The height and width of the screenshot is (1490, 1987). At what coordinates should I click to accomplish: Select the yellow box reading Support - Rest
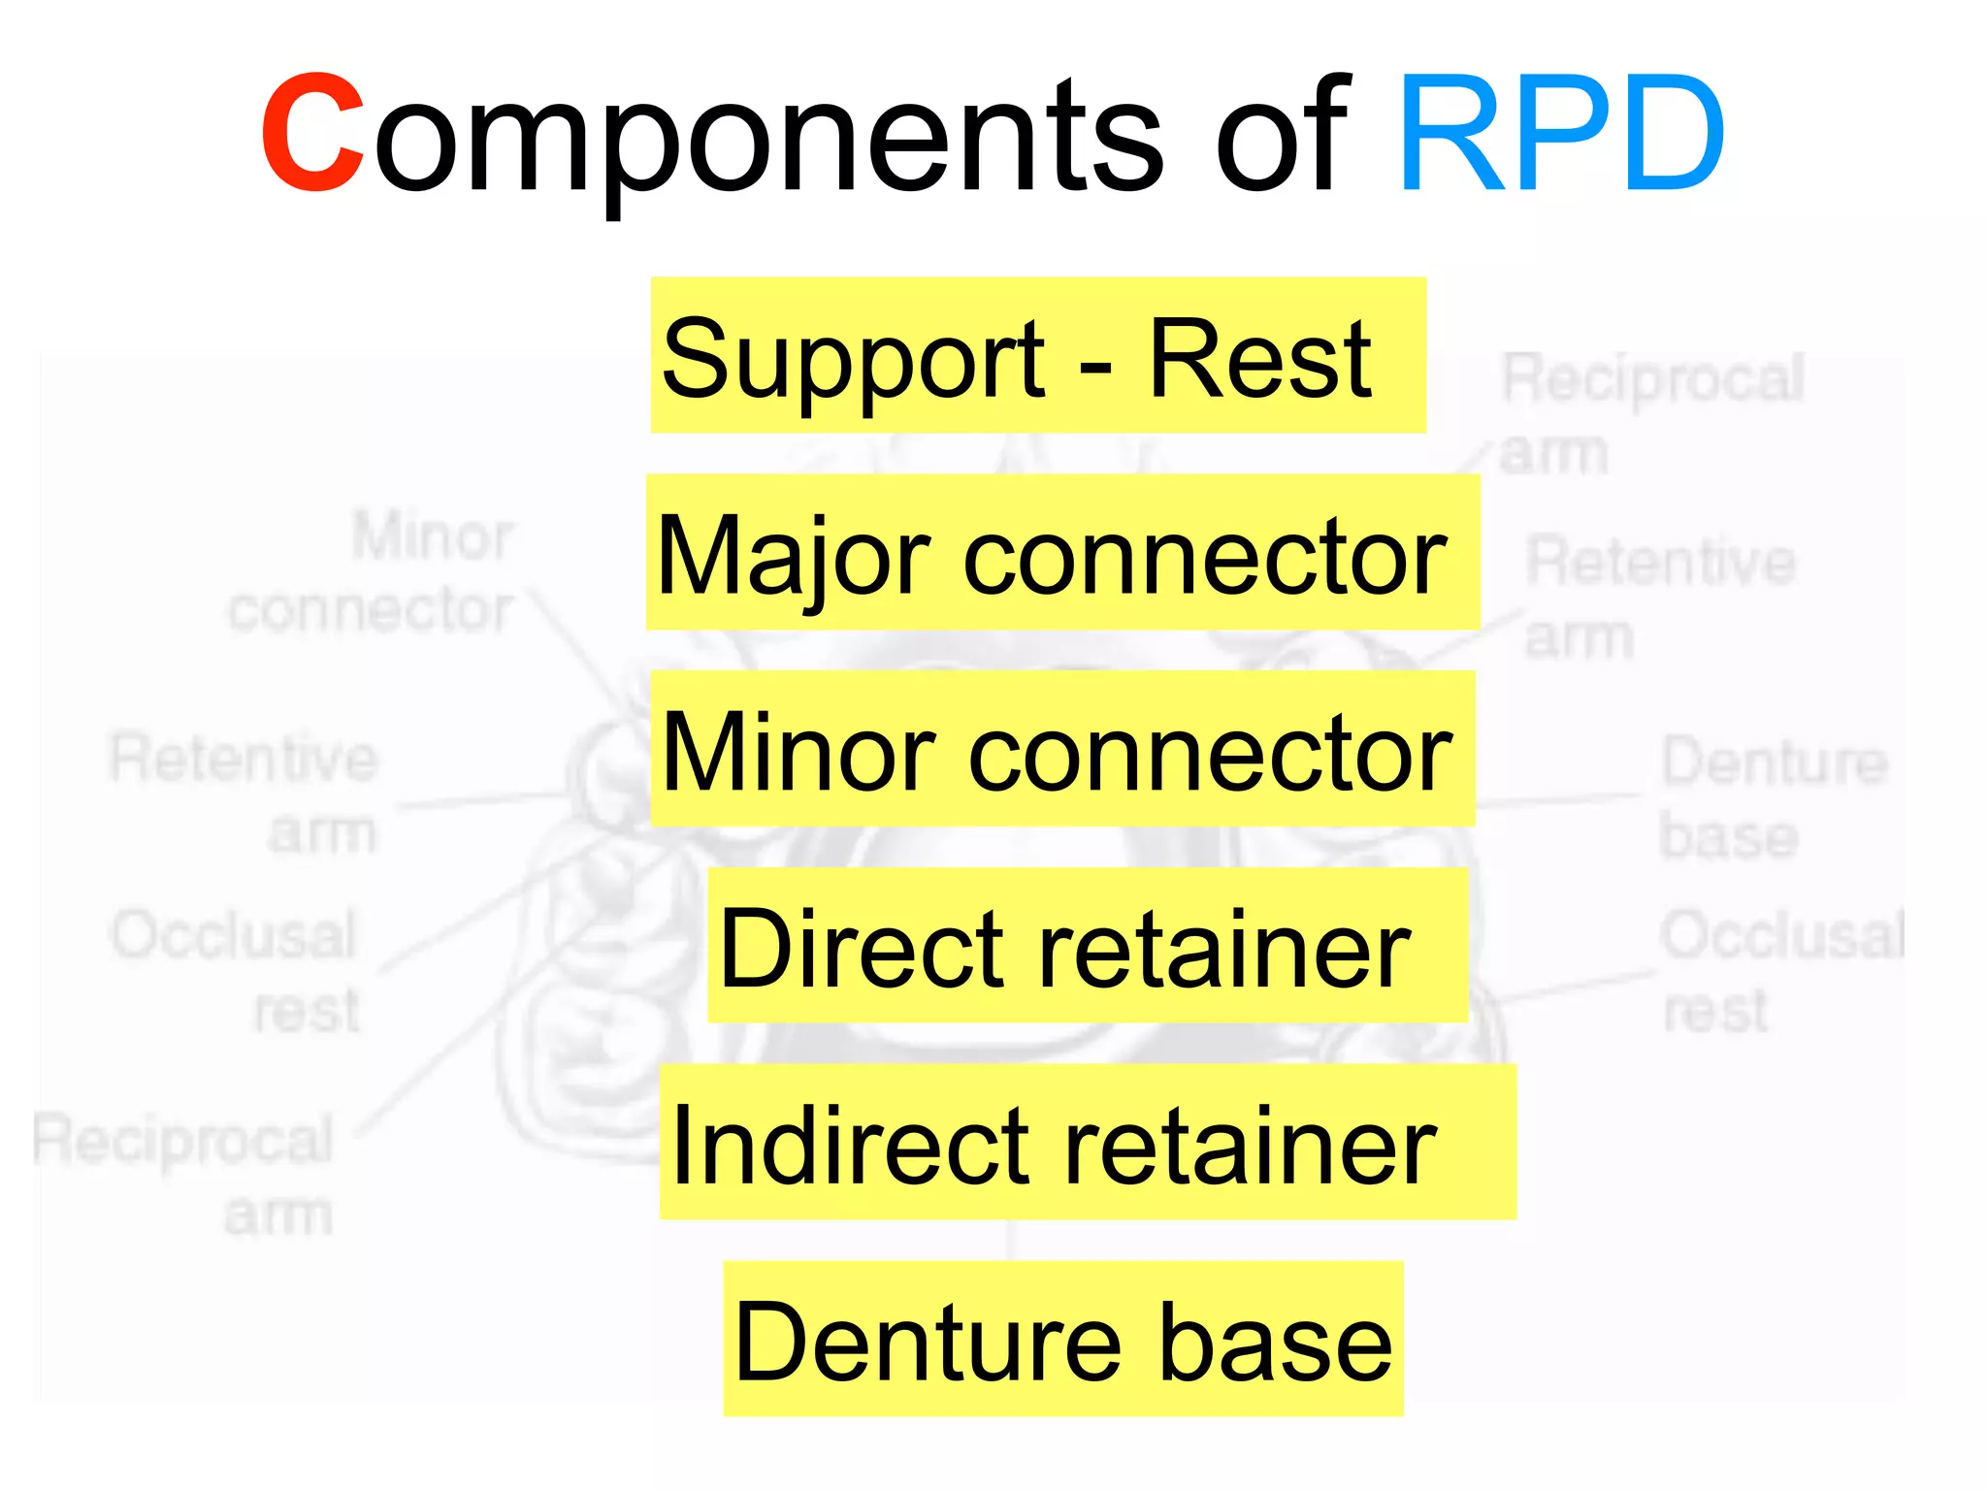(x=1037, y=356)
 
